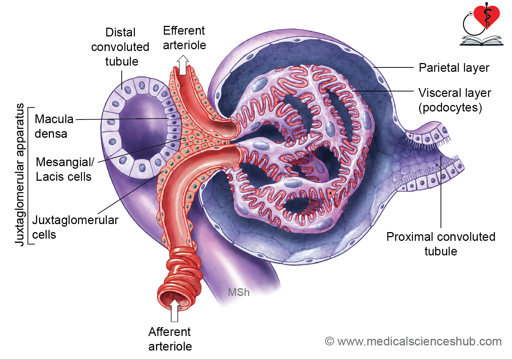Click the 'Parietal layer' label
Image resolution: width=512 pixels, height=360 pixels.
pos(454,68)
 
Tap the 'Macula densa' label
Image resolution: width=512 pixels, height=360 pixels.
pos(54,126)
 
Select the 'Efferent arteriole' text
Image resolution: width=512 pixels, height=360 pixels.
pos(184,38)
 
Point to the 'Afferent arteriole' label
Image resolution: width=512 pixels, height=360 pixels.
pos(170,339)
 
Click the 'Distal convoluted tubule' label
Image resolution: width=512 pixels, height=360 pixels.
pos(120,47)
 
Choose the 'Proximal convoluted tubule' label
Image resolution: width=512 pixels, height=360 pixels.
pos(441,244)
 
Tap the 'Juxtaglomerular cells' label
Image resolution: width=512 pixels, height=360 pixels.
pos(75,227)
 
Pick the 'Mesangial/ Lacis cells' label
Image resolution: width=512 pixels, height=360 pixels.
pos(65,169)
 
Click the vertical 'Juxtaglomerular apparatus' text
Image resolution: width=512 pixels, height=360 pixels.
pos(19,175)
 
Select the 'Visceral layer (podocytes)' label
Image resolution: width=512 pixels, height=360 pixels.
pos(455,100)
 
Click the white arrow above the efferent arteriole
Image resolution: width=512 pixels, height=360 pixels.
pos(183,65)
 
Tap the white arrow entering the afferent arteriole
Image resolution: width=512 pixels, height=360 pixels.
pos(175,310)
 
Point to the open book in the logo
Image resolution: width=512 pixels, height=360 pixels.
pos(481,41)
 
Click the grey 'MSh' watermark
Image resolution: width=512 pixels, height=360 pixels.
pos(239,292)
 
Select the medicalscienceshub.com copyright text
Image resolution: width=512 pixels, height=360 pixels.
pos(413,341)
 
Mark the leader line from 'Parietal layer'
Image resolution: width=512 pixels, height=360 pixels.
pos(394,67)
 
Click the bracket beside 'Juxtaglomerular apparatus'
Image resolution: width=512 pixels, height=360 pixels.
pos(28,176)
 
